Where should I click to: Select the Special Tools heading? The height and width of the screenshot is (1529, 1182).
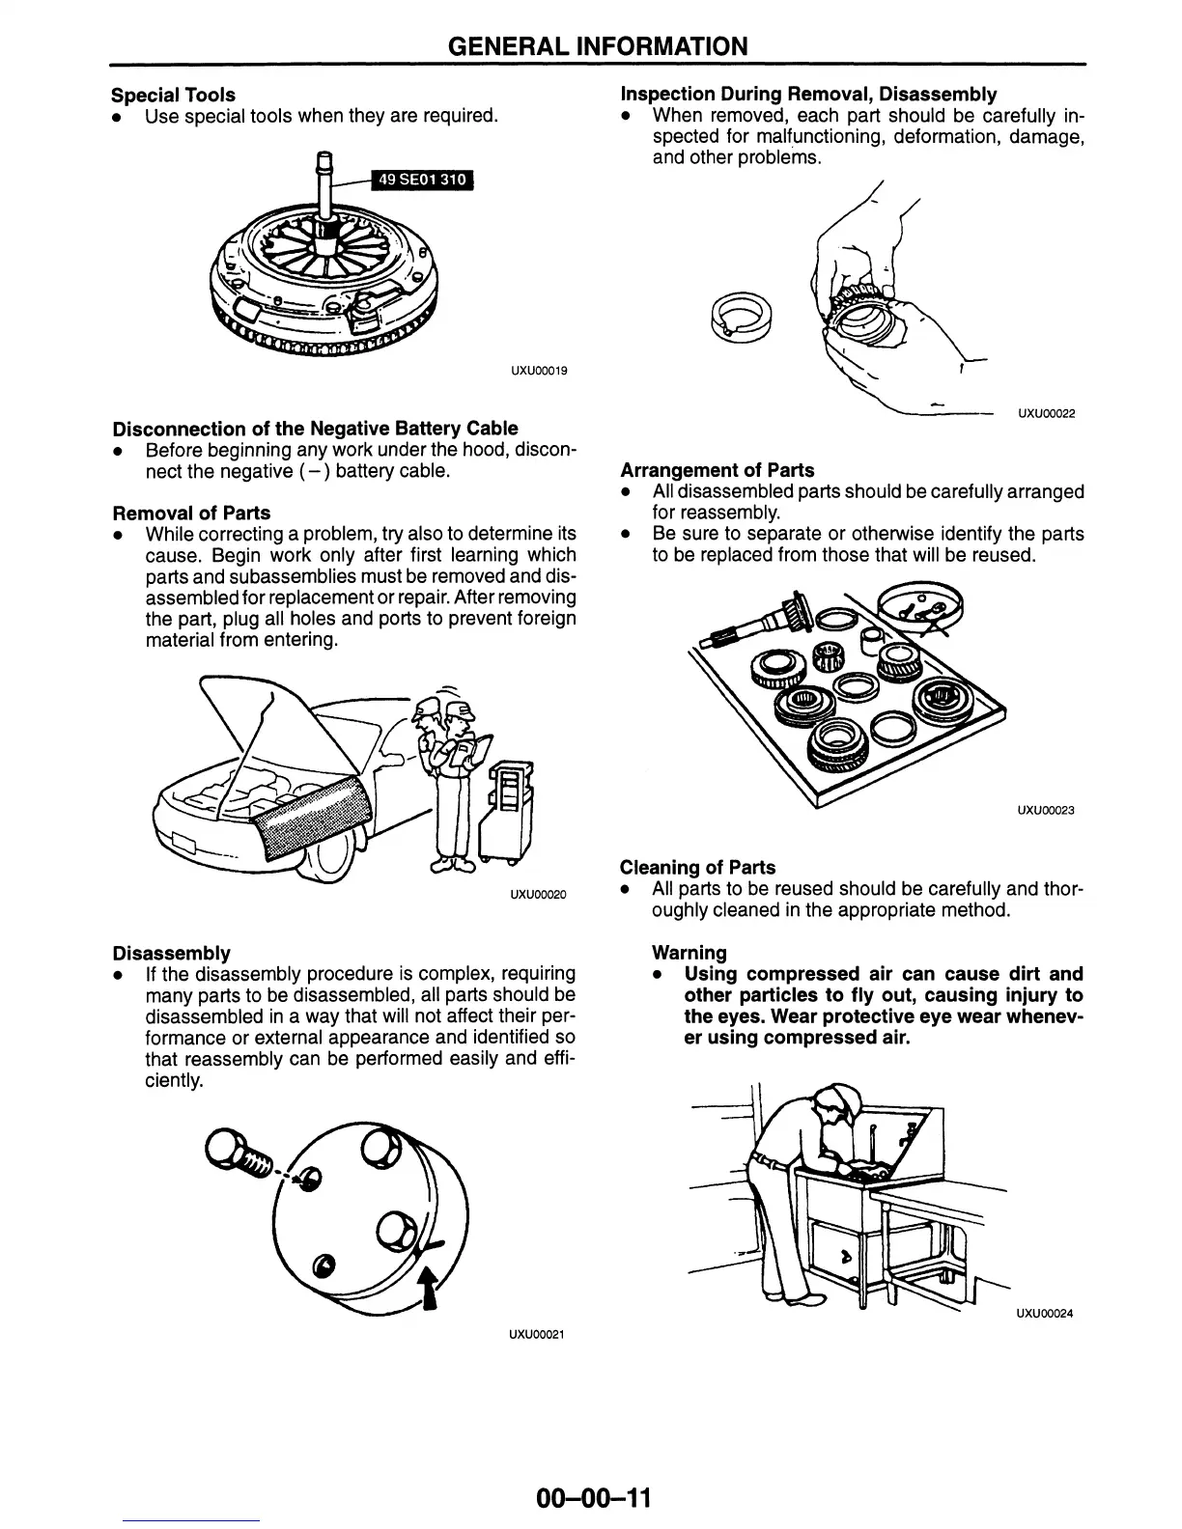click(x=173, y=95)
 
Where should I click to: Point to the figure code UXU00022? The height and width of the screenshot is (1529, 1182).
click(x=1047, y=414)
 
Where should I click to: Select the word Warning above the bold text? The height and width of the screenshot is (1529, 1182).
click(x=689, y=953)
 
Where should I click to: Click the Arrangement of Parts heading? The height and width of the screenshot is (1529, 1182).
click(x=717, y=470)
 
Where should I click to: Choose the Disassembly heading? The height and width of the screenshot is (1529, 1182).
click(x=171, y=953)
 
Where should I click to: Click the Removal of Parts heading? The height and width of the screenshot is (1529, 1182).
click(x=191, y=513)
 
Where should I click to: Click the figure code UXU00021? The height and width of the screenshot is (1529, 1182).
click(x=535, y=1335)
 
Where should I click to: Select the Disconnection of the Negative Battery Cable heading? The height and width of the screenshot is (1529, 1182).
click(x=315, y=428)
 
